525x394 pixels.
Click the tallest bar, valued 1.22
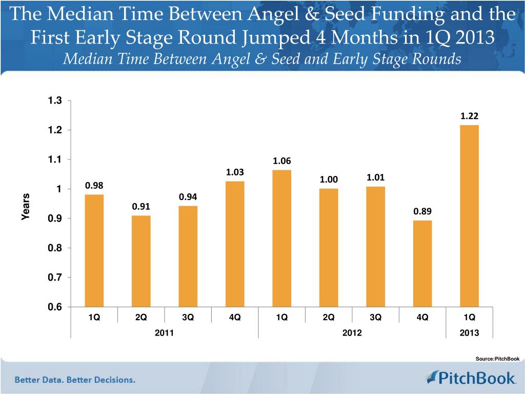469,215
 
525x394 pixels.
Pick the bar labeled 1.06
281,238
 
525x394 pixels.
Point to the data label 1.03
235,172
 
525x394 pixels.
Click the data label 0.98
94,185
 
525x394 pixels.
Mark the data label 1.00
329,180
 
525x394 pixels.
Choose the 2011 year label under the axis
164,333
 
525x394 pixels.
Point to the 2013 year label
469,333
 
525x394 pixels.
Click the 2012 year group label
352,333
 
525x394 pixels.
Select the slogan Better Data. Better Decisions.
75,380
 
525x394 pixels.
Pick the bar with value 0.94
188,256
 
